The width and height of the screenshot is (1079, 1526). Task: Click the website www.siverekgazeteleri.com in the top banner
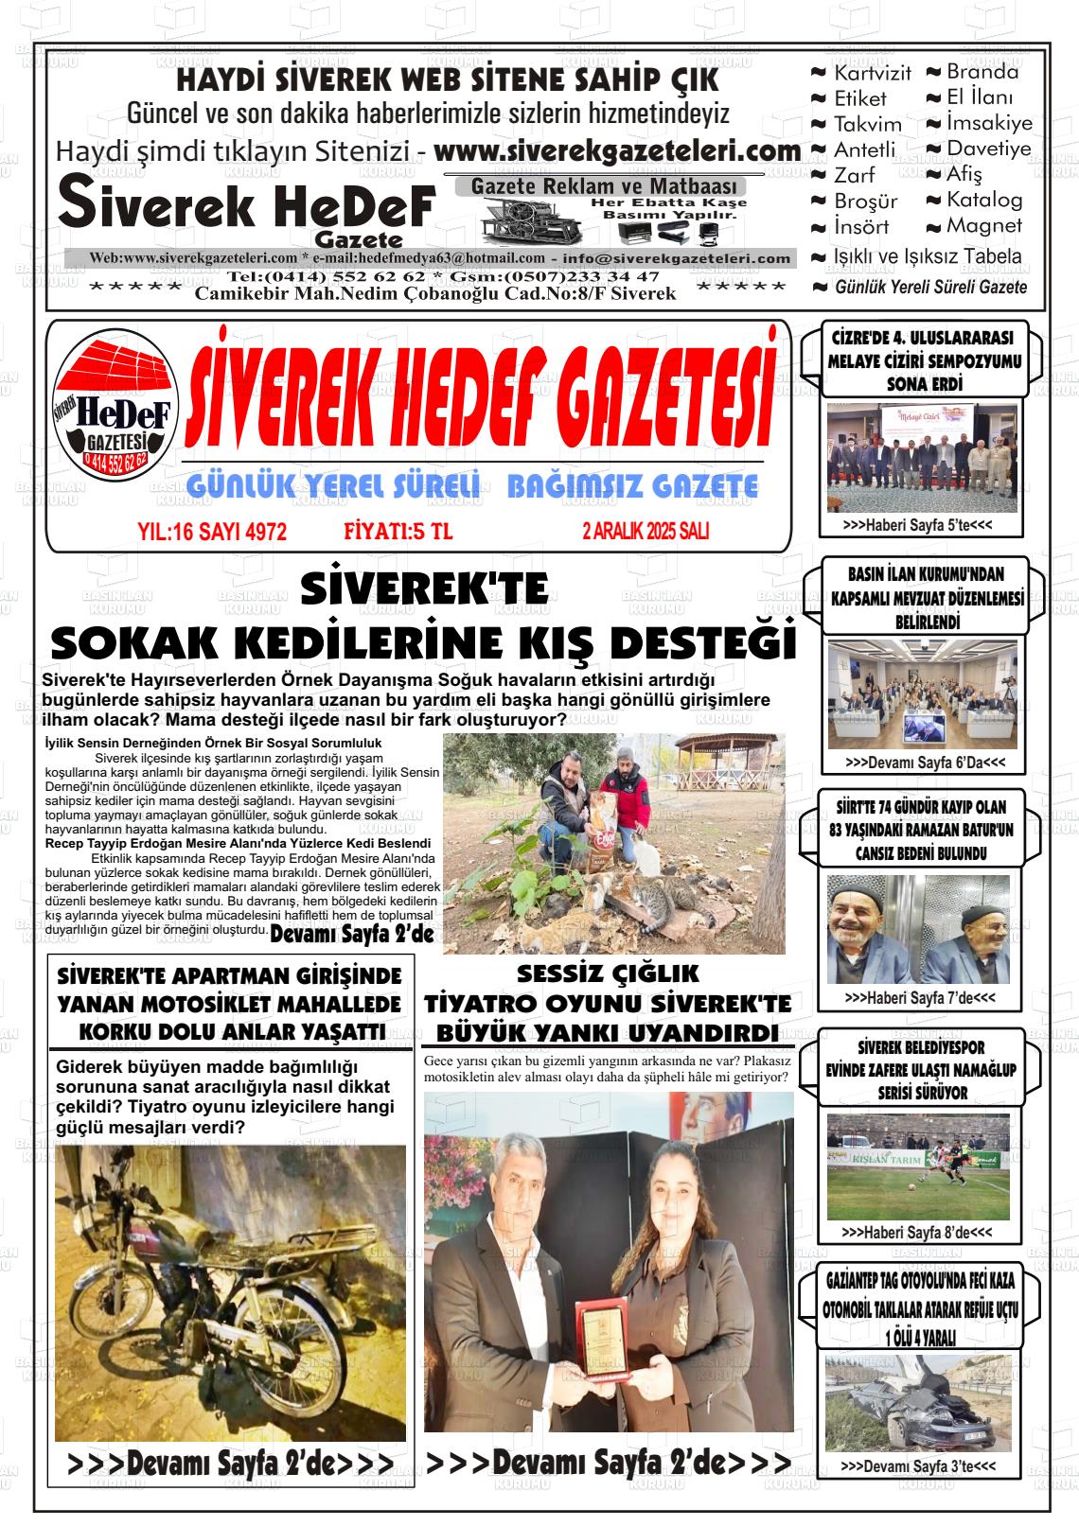(617, 150)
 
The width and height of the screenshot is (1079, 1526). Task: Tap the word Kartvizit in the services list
(872, 73)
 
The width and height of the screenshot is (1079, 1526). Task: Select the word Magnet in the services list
(984, 226)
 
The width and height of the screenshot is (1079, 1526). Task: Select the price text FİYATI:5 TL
(398, 532)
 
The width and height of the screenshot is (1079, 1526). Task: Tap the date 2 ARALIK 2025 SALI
(646, 532)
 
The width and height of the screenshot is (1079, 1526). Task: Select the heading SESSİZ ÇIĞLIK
(608, 973)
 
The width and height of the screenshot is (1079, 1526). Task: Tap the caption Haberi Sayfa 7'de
(919, 997)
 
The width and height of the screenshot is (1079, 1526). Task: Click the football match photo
(918, 1166)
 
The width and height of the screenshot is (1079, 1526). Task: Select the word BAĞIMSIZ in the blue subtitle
(563, 486)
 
